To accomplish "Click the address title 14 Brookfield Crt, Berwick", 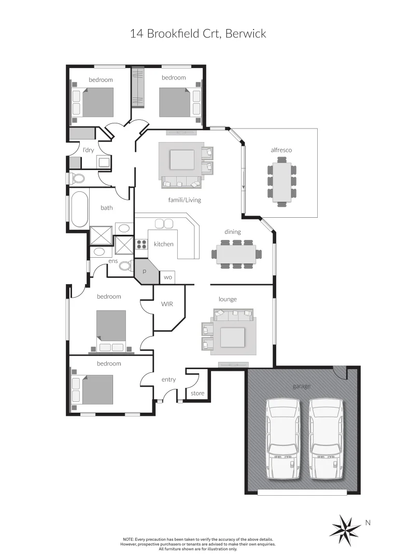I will [197, 34].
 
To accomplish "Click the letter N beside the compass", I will [368, 523].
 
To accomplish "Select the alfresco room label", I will [281, 150].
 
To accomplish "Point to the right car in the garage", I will [326, 439].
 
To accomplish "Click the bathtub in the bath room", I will [79, 209].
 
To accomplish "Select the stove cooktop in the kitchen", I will [142, 244].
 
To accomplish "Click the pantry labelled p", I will [145, 271].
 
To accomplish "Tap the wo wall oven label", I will [167, 277].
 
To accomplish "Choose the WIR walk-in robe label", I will [166, 303].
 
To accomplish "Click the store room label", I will [197, 394].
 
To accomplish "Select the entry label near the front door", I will [168, 380].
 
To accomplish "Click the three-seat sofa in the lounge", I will [233, 314].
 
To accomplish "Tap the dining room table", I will [236, 255].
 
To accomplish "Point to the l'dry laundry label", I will [88, 150].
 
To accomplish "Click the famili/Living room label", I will [184, 200].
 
